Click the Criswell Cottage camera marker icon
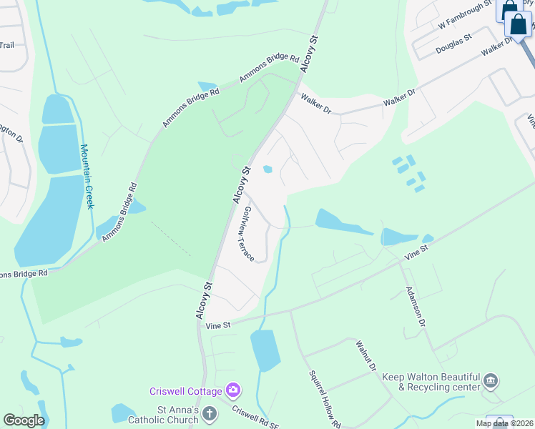pyautogui.click(x=233, y=390)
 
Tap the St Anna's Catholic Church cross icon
pyautogui.click(x=209, y=413)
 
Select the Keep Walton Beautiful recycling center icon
pyautogui.click(x=491, y=380)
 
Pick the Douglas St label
pyautogui.click(x=453, y=44)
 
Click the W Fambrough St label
pyautogui.click(x=465, y=15)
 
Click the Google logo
pyautogui.click(x=24, y=420)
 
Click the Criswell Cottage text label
pyautogui.click(x=185, y=391)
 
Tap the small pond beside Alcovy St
pyautogui.click(x=267, y=169)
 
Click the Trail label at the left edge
pyautogui.click(x=6, y=45)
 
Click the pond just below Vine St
pyautogui.click(x=265, y=350)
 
